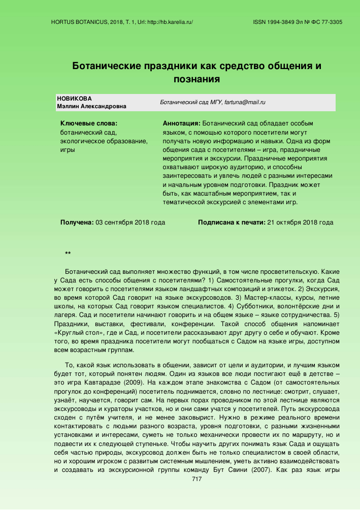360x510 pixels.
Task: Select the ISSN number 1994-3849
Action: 283,22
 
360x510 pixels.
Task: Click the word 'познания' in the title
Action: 197,79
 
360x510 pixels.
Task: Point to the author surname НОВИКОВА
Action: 75,98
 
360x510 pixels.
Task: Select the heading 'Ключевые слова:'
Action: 89,123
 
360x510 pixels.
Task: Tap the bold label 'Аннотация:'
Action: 181,123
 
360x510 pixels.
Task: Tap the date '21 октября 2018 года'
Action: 300,222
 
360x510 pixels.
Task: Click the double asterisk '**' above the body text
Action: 68,253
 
